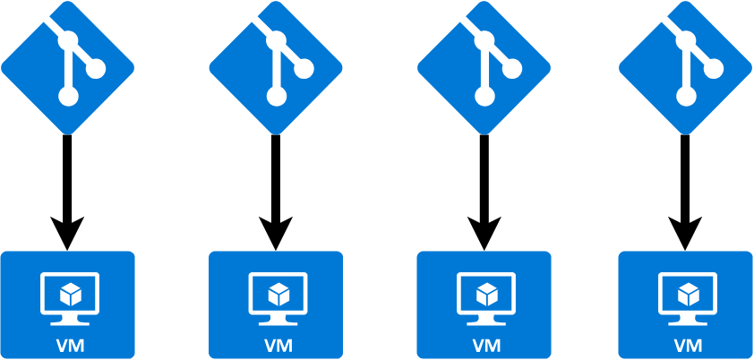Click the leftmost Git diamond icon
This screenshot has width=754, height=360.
pos(67,67)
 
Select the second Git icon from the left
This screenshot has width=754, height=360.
pos(276,67)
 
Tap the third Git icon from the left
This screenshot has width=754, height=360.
pos(484,67)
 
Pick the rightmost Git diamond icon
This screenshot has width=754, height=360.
pos(685,67)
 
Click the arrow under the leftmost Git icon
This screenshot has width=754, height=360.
pos(67,188)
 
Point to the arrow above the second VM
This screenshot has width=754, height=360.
pos(276,188)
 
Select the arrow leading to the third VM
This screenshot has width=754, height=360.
pos(484,188)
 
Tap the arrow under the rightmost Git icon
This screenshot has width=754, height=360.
pos(685,188)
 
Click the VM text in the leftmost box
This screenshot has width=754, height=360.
pos(67,345)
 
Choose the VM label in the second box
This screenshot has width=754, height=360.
pos(276,345)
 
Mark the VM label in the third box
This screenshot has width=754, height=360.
pos(484,345)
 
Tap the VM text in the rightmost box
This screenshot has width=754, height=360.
pos(686,345)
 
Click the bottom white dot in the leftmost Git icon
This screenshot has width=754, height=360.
pos(68,97)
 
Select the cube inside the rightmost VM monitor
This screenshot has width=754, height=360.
pos(688,293)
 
